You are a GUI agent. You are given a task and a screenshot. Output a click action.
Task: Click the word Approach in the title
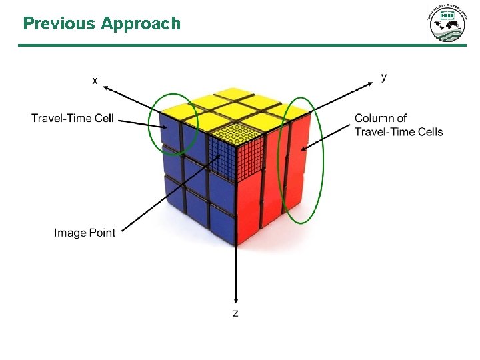(x=141, y=24)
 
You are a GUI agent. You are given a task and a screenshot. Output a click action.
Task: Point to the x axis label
(x=95, y=80)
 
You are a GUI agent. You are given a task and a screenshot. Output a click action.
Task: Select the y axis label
(x=383, y=77)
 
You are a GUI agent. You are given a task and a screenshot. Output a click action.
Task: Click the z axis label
(x=235, y=312)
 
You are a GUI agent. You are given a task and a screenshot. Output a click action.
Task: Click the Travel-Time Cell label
(x=73, y=119)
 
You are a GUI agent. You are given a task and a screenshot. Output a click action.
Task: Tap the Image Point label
(x=85, y=233)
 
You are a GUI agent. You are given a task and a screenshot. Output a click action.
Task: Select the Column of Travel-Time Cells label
(x=398, y=125)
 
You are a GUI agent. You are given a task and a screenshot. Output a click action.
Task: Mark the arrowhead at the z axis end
(x=235, y=299)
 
